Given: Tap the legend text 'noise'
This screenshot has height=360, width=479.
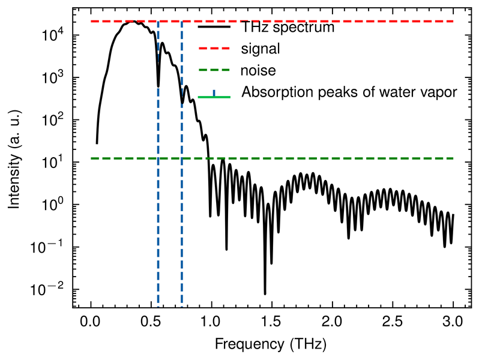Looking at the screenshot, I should [x=258, y=71].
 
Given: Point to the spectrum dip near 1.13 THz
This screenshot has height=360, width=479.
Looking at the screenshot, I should [x=226, y=249].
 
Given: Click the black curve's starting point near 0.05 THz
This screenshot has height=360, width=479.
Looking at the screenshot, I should [x=97, y=143].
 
